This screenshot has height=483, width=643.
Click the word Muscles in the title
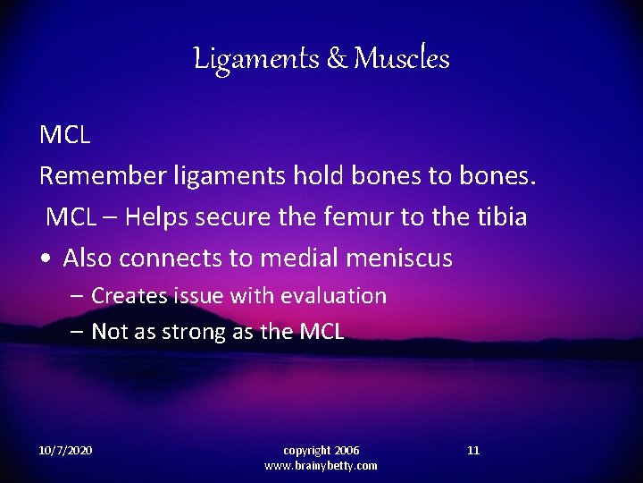[x=401, y=59]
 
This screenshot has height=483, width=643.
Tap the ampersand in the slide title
[x=338, y=59]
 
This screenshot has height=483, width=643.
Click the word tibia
[x=498, y=216]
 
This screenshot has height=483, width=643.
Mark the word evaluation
[x=333, y=295]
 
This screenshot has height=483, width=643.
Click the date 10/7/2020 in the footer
[x=66, y=450]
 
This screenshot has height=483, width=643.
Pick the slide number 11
[x=473, y=450]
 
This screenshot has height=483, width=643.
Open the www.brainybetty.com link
[x=321, y=465]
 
